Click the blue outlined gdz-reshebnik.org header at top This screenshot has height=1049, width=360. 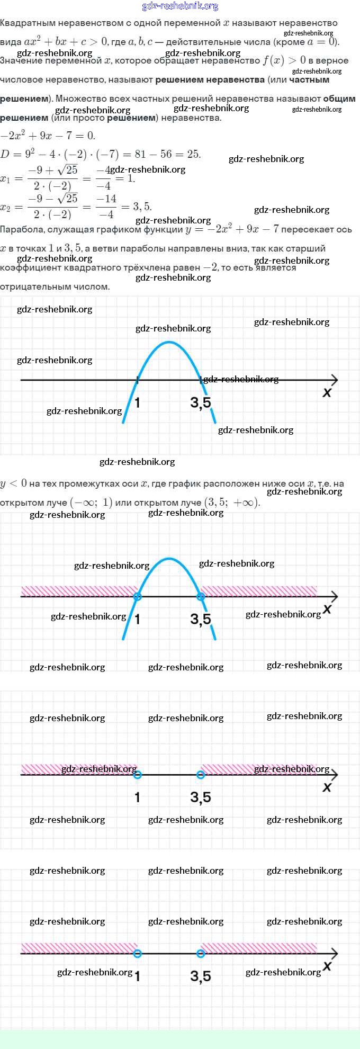(x=180, y=6)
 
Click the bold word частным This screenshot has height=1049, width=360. (x=309, y=80)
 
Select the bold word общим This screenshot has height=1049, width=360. (x=339, y=98)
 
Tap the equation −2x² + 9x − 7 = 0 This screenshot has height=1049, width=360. (x=48, y=136)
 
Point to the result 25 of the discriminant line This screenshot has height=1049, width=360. (x=193, y=154)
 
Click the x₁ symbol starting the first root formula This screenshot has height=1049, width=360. (x=5, y=178)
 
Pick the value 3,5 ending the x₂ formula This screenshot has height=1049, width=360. (x=142, y=207)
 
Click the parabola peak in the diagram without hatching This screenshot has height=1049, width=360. (x=169, y=342)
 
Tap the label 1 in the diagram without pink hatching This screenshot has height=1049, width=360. (x=137, y=403)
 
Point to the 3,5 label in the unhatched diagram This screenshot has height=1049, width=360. (x=201, y=403)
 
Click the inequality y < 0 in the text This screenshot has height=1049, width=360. (x=13, y=483)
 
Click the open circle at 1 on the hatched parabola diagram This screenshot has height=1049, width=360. (x=138, y=597)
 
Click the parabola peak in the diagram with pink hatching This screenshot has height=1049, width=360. (x=169, y=559)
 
